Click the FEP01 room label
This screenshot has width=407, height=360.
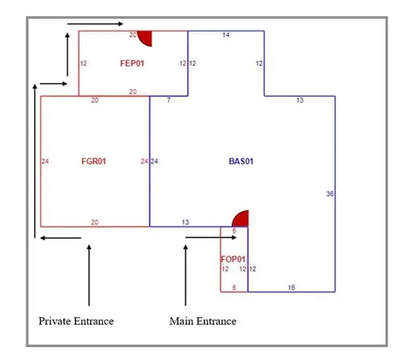tap(133, 63)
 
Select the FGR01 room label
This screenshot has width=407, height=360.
tap(94, 162)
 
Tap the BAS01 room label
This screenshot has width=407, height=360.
tap(241, 162)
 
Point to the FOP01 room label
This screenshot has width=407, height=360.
tap(233, 259)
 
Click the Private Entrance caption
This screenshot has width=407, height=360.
tap(76, 322)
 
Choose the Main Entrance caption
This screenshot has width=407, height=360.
tap(203, 322)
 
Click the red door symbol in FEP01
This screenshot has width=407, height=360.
tap(145, 38)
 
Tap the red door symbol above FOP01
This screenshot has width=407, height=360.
tap(240, 218)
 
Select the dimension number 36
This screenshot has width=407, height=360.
tap(330, 194)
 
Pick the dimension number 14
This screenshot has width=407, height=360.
tap(226, 35)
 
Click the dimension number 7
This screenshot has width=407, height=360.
tap(168, 100)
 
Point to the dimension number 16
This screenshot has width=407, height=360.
tap(292, 287)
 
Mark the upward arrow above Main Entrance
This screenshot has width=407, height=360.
tap(186, 275)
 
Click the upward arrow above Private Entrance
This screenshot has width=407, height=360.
tap(89, 275)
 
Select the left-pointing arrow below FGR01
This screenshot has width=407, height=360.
tap(61, 238)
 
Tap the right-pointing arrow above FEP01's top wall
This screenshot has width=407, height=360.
tap(95, 24)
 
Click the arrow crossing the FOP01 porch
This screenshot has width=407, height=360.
tap(211, 238)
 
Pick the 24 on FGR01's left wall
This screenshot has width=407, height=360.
tap(45, 162)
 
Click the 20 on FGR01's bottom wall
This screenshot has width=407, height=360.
tap(95, 222)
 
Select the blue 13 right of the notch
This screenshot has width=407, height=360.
tap(300, 100)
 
